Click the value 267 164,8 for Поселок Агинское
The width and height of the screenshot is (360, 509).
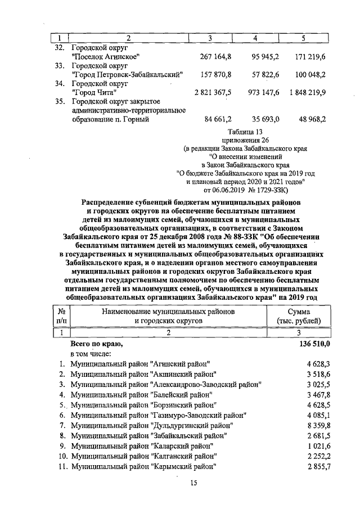pos(216,57)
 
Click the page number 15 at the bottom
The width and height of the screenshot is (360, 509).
pos(193,483)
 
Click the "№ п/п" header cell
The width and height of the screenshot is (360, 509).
pos(60,316)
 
